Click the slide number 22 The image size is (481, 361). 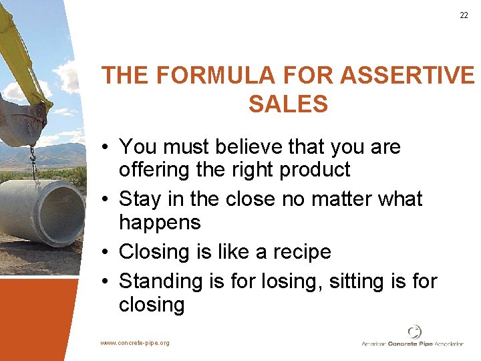pyautogui.click(x=464, y=15)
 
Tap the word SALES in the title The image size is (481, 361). pyautogui.click(x=288, y=104)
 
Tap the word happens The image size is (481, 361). pyautogui.click(x=160, y=223)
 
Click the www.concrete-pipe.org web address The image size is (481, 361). pyautogui.click(x=135, y=343)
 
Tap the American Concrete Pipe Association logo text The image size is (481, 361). pyautogui.click(x=412, y=344)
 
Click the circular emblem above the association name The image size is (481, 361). pyautogui.click(x=414, y=331)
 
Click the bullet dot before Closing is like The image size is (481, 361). pyautogui.click(x=107, y=253)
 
